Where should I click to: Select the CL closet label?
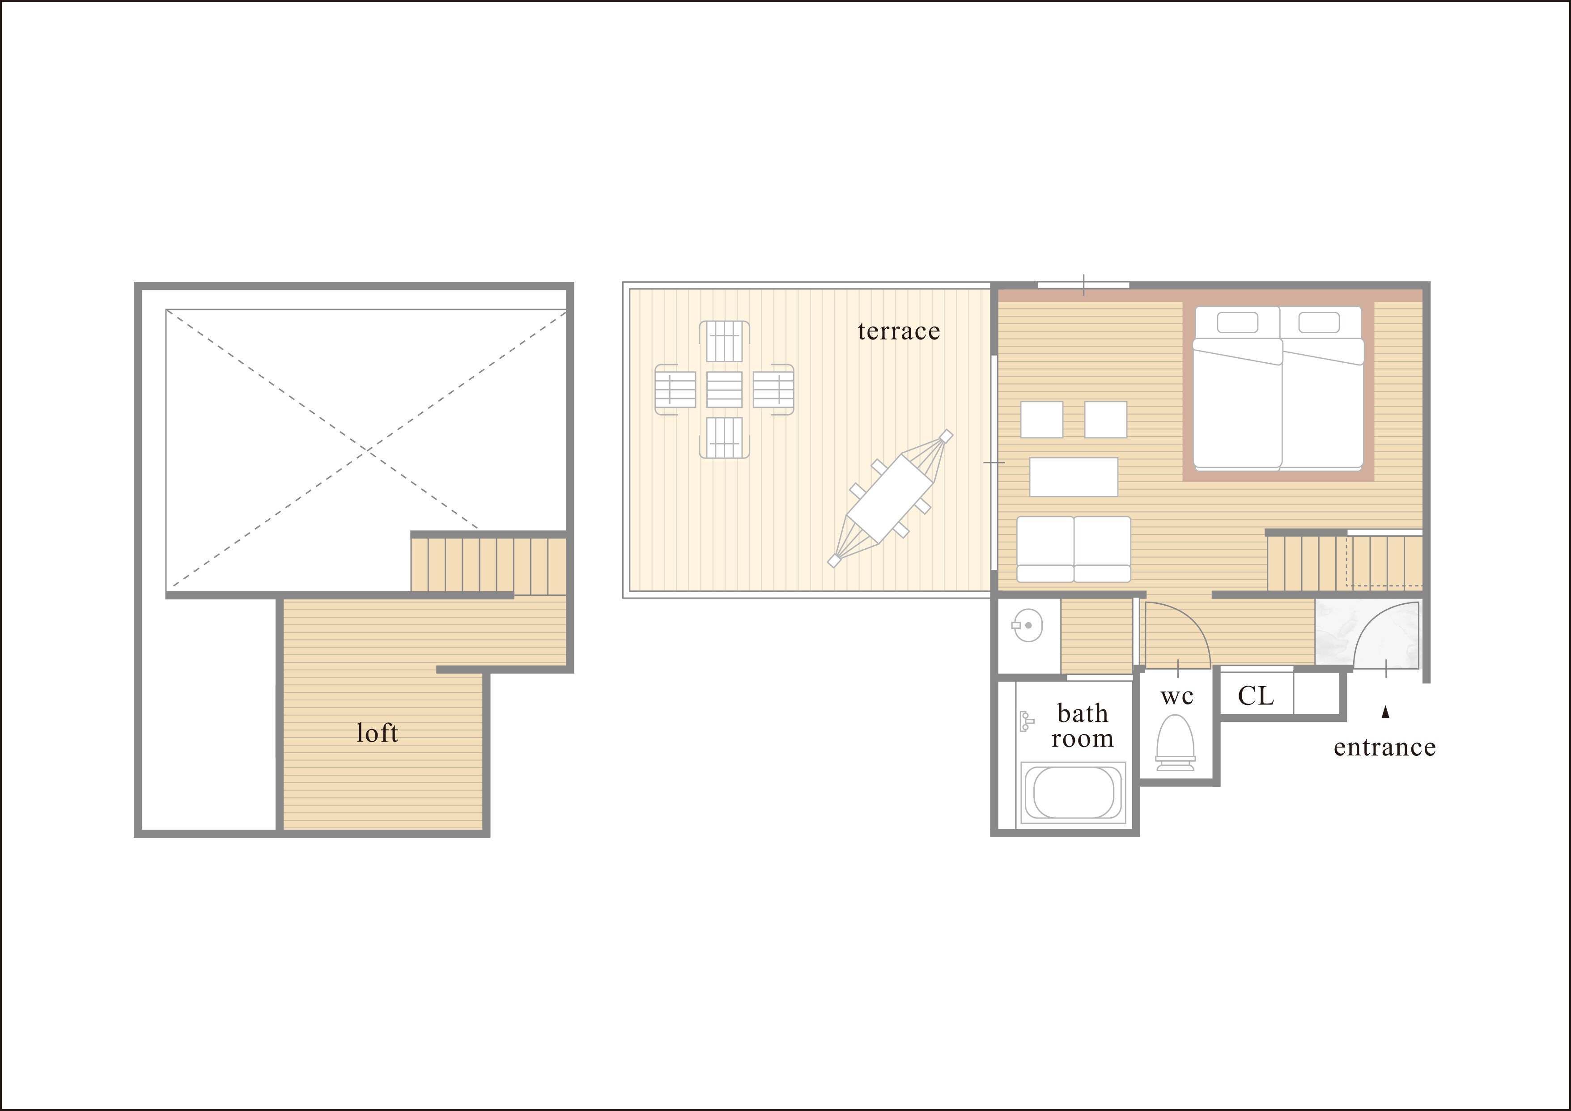(x=1256, y=696)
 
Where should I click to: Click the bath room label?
(x=1083, y=726)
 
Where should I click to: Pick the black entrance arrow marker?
(x=1385, y=712)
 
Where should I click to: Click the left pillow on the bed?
(x=1238, y=322)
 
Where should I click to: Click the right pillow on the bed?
(x=1319, y=322)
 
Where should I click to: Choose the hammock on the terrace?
(x=890, y=498)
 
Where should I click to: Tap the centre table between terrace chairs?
(x=724, y=389)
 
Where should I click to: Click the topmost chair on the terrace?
(x=724, y=341)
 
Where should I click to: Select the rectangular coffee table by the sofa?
(x=1074, y=477)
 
